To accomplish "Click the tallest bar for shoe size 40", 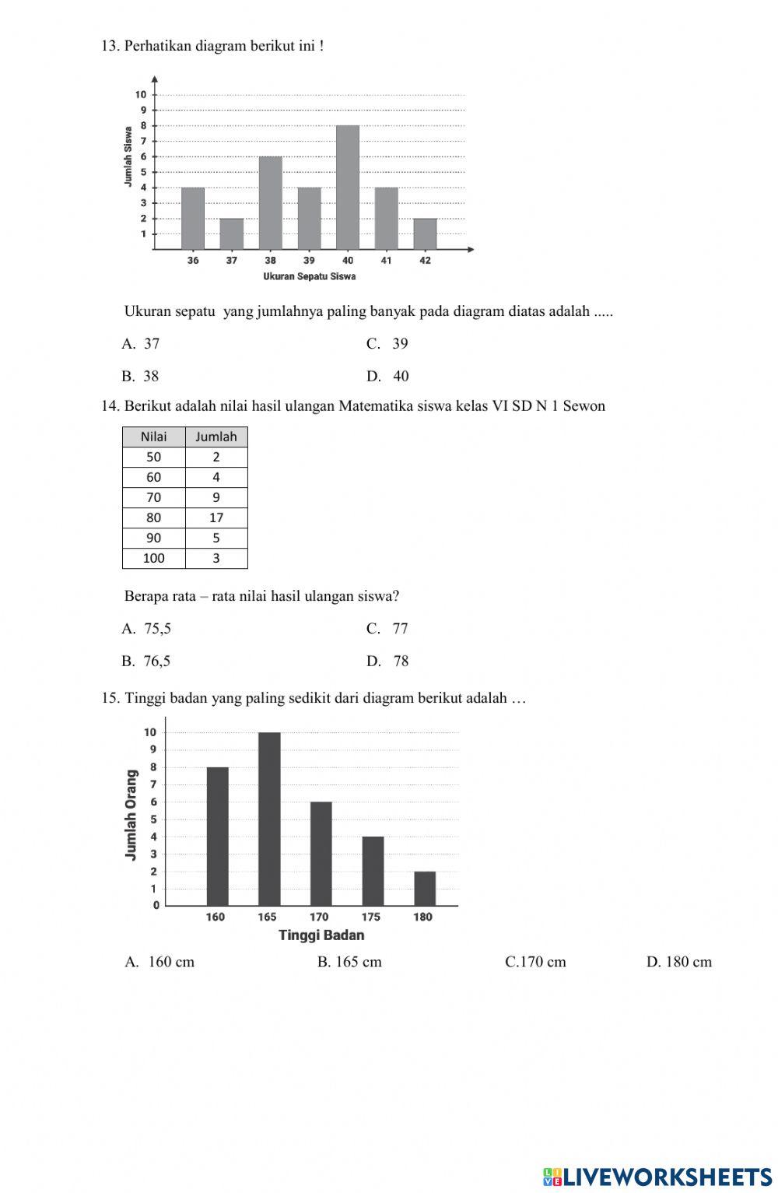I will click(348, 187).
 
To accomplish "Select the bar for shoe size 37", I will click(231, 233).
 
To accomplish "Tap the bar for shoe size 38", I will click(270, 202).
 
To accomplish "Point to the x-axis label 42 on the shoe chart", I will click(425, 261).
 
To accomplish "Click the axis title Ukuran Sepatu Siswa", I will click(309, 276).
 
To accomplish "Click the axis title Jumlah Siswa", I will click(128, 156).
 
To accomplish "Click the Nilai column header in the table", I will click(154, 437).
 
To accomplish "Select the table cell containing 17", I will click(216, 518).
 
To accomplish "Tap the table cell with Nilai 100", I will click(154, 558).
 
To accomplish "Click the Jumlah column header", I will click(216, 437).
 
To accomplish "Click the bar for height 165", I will click(269, 819).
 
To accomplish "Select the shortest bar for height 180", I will click(425, 889).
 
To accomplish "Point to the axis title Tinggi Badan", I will click(321, 935).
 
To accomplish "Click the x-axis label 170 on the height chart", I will click(319, 917).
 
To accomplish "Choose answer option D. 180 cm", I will click(678, 962).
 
